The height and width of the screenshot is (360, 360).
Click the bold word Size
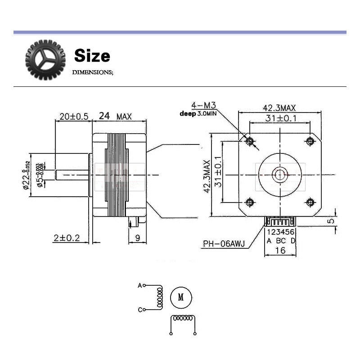[92, 56]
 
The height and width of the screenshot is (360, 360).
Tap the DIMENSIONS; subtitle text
[93, 72]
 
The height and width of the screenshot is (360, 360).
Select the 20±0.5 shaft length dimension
[73, 116]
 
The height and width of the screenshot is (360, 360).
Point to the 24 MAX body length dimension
[115, 116]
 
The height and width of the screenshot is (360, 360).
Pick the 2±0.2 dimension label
[66, 238]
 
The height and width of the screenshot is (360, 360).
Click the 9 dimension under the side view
[138, 238]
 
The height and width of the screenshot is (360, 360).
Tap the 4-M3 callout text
[203, 105]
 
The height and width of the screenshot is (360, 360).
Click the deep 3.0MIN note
[198, 114]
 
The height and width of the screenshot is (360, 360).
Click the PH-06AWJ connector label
[223, 244]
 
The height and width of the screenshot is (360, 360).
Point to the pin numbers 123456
[281, 233]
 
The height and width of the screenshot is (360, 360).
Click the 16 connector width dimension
[280, 250]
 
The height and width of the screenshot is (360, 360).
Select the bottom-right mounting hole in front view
[310, 202]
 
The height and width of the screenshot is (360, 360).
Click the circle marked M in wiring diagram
[181, 297]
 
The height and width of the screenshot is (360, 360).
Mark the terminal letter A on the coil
[139, 285]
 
